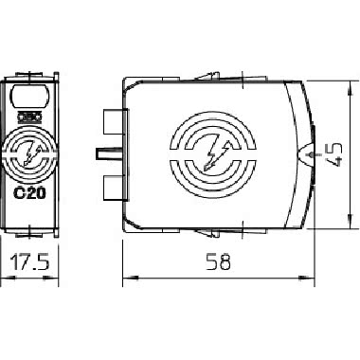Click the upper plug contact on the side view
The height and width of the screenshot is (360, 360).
coord(111,123)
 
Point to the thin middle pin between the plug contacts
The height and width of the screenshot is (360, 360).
coord(103,153)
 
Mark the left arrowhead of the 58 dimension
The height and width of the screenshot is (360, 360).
coord(130,279)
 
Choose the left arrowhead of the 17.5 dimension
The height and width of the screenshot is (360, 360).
coord(6,279)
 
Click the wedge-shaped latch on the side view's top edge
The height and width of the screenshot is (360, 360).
coord(204,75)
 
